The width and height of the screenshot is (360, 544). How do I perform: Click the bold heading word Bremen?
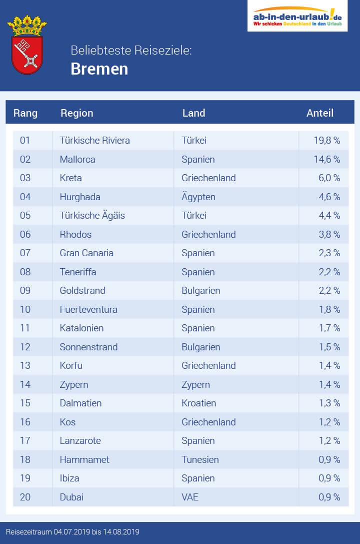click(x=99, y=69)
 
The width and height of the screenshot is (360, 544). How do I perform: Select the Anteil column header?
click(x=319, y=113)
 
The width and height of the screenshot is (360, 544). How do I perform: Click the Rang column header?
click(x=25, y=113)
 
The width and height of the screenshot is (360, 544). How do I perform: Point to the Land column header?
click(x=193, y=113)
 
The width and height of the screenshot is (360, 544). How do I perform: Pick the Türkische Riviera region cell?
click(x=94, y=141)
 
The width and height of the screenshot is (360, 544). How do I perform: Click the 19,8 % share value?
click(x=327, y=141)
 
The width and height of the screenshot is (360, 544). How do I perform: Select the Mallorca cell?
click(x=77, y=160)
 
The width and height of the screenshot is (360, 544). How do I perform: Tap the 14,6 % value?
click(x=327, y=160)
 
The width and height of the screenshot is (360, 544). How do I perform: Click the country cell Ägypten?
click(x=198, y=197)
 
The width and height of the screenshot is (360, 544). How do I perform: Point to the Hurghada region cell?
click(x=80, y=197)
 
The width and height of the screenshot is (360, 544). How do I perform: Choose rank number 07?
click(x=25, y=253)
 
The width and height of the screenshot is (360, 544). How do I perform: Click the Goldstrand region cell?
click(x=82, y=291)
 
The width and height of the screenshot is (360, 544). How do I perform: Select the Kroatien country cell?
click(x=199, y=403)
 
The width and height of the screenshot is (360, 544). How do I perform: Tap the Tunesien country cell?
click(x=200, y=459)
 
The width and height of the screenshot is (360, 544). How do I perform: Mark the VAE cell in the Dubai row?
click(x=190, y=497)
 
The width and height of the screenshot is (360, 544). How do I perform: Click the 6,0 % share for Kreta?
click(x=329, y=178)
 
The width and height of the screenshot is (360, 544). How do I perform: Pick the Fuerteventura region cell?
click(x=88, y=310)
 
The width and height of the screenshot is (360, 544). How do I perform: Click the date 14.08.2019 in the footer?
click(x=120, y=531)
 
